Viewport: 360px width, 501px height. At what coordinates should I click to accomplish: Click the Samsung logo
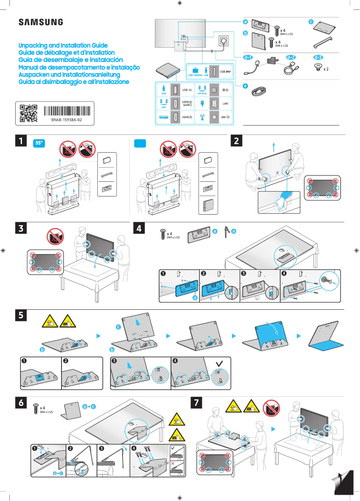(x=41, y=22)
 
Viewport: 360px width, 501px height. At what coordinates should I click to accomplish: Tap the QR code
(x=29, y=114)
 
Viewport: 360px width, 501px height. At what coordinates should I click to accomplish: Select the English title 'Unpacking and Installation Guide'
(x=63, y=46)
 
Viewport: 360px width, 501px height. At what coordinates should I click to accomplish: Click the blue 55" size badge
(x=40, y=143)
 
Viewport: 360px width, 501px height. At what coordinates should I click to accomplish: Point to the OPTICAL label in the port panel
(x=202, y=93)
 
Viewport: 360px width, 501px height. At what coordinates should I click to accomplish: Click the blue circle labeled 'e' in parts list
(x=245, y=86)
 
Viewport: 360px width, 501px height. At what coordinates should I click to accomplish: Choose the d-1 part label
(x=248, y=58)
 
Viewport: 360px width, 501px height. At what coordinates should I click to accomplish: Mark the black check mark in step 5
(x=219, y=363)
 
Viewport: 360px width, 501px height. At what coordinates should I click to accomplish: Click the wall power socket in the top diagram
(x=223, y=41)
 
